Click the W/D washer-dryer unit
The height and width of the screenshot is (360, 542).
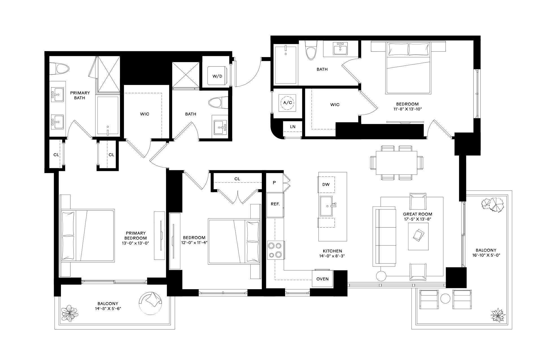click(217, 76)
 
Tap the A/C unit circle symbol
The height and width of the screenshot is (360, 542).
click(287, 103)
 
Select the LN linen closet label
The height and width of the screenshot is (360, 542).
click(293, 127)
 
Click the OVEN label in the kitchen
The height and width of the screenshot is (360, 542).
click(322, 279)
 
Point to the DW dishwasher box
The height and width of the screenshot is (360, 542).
click(326, 184)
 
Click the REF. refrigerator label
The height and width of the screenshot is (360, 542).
click(275, 204)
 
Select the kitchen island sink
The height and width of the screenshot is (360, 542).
click(327, 206)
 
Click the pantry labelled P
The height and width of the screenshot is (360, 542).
click(274, 183)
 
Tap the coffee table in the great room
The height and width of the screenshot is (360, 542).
click(418, 236)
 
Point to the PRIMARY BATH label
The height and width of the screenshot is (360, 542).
click(80, 95)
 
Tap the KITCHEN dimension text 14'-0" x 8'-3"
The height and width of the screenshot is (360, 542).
click(332, 256)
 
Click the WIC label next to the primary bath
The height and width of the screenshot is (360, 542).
click(145, 114)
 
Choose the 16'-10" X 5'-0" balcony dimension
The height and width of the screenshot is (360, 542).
click(486, 255)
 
